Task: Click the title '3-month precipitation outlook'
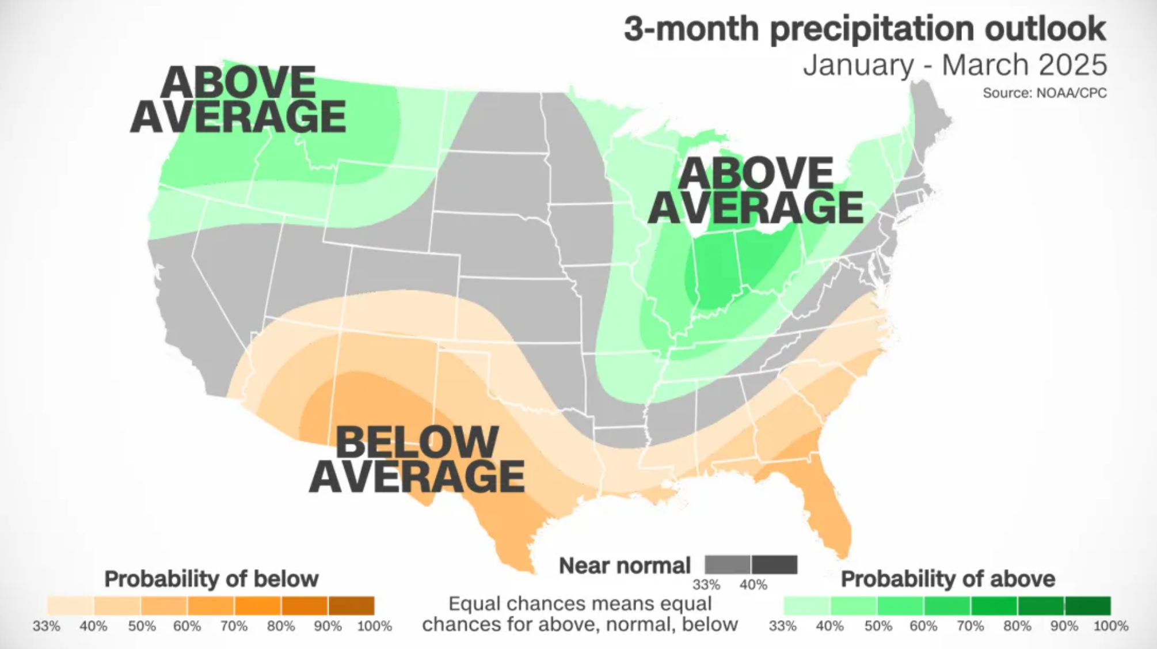click(x=865, y=29)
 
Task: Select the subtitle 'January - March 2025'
click(x=954, y=64)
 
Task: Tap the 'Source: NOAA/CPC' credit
click(x=1044, y=93)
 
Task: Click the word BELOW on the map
click(x=417, y=442)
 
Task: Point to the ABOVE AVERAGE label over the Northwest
click(x=238, y=100)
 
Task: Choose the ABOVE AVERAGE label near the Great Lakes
click(x=755, y=191)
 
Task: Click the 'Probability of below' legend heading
click(x=211, y=579)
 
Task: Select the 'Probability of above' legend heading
click(x=947, y=579)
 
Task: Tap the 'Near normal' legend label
click(x=625, y=565)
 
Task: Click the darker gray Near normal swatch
click(x=774, y=564)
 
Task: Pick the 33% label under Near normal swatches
click(x=706, y=585)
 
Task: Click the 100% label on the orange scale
click(x=374, y=626)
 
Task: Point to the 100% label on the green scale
click(x=1110, y=626)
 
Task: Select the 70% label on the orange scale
click(x=234, y=626)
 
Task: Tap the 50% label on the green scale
click(x=878, y=626)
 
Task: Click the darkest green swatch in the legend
click(x=1087, y=606)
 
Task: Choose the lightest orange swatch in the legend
click(x=70, y=606)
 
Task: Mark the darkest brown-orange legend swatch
click(x=351, y=606)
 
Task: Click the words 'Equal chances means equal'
click(x=580, y=604)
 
